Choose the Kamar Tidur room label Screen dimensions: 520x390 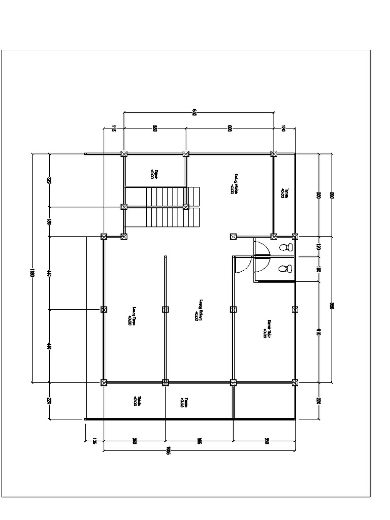267,329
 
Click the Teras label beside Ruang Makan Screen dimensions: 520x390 284,192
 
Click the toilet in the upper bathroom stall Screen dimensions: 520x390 286,247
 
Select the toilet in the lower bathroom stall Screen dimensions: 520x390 286,268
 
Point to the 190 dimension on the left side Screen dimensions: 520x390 49,222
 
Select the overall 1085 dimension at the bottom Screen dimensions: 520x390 168,450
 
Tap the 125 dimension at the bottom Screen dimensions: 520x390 94,441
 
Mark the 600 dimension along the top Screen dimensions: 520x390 230,129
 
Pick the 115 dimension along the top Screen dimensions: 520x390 114,129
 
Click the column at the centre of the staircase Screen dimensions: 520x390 186,207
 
